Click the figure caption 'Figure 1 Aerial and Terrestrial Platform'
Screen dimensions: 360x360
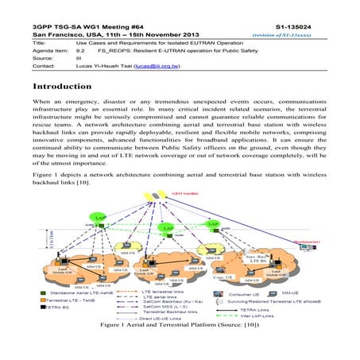(180, 346)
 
